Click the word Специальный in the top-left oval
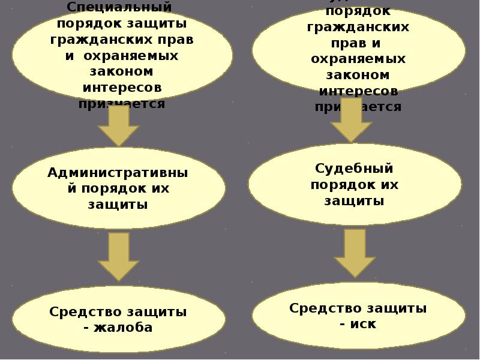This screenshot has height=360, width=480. point(120,8)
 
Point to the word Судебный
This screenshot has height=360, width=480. point(355,169)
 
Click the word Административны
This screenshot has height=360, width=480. point(118,173)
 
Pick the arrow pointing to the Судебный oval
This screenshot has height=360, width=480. point(352,119)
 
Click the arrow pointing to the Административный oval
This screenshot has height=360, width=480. point(118,125)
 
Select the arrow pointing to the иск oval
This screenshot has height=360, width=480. point(355,253)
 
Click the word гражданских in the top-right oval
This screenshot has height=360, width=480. point(358,28)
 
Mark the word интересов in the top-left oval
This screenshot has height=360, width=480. point(122,88)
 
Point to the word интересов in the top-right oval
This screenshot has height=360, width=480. point(358,91)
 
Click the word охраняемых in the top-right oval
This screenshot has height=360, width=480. point(358,59)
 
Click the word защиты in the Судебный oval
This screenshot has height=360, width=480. point(355,200)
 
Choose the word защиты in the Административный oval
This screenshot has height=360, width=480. point(118,204)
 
